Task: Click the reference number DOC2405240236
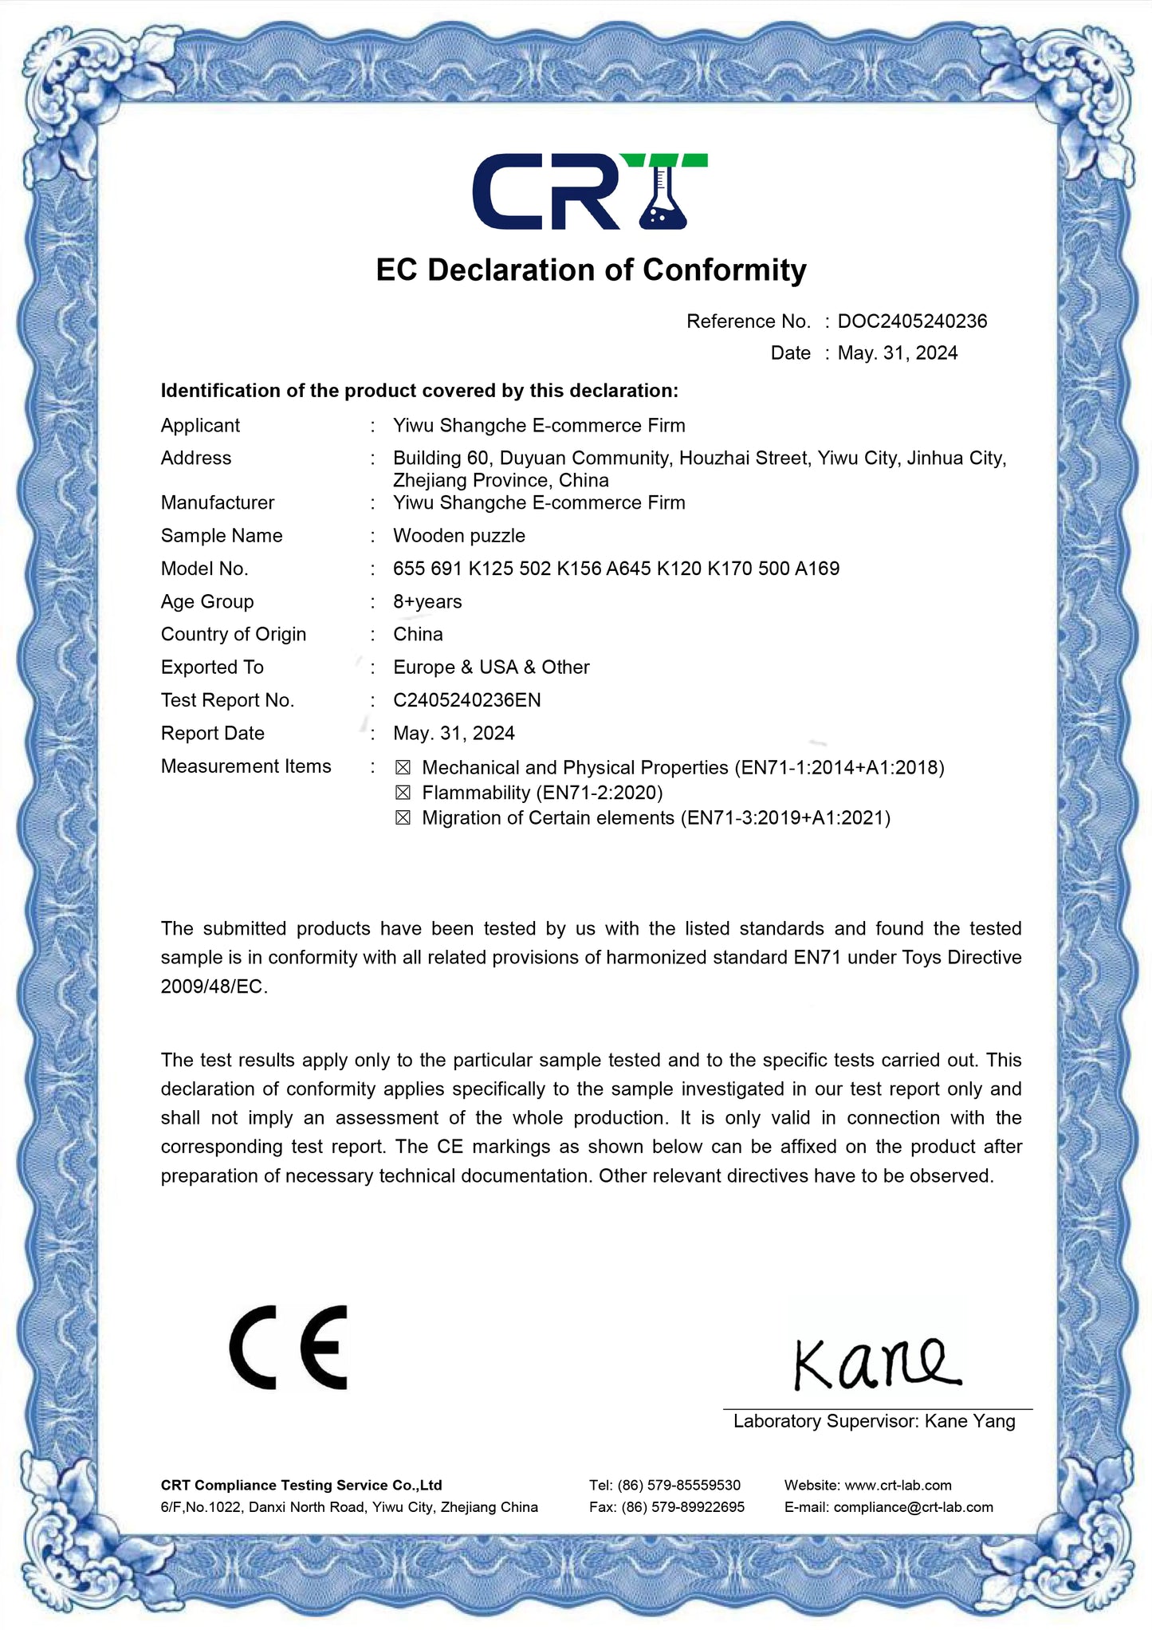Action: point(912,321)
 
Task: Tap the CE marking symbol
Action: point(289,1347)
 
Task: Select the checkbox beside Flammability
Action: point(403,793)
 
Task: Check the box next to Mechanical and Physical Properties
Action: point(403,767)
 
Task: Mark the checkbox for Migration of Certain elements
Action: point(403,818)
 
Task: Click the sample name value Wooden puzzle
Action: point(459,536)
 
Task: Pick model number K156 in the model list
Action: point(579,569)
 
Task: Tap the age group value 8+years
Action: point(427,601)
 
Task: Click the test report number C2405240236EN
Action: point(467,700)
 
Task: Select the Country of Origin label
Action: point(234,634)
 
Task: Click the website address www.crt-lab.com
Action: point(898,1485)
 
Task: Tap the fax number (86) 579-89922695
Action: point(682,1507)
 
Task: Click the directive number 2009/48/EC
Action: point(212,986)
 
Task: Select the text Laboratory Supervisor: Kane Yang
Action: point(875,1421)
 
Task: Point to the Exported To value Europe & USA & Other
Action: point(491,667)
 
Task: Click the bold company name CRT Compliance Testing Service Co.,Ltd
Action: point(301,1485)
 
